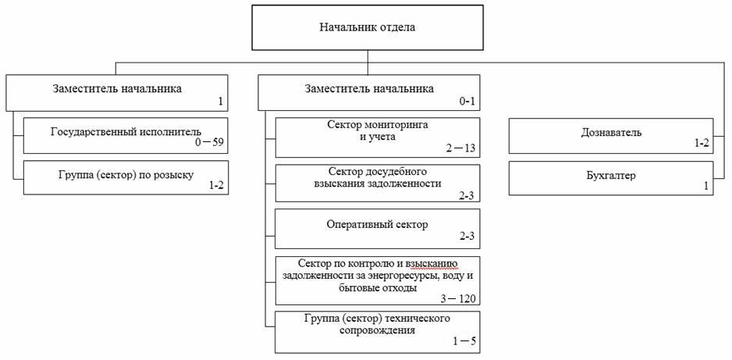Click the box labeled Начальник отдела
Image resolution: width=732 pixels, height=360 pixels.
368,27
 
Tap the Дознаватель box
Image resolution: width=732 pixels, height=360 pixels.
611,135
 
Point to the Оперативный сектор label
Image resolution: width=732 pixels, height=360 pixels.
377,225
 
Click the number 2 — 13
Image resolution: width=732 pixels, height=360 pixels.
460,148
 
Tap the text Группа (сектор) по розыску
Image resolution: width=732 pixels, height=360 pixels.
126,175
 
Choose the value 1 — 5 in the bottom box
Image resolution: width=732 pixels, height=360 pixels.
464,340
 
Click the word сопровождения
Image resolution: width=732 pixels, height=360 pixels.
377,331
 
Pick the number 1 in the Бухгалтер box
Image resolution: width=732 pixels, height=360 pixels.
706,186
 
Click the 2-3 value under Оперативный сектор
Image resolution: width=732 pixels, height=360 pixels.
467,236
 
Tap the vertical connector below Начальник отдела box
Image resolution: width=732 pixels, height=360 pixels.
368,62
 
